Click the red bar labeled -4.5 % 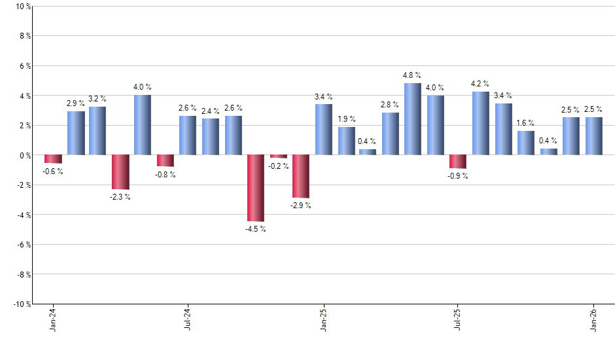(256, 188)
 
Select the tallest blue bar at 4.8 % (413, 119)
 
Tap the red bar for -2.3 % (120, 172)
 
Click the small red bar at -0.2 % (278, 156)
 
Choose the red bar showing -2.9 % (301, 176)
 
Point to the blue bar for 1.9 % (346, 141)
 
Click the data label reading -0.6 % (53, 171)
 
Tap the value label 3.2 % (97, 99)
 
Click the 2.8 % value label (391, 105)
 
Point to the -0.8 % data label (166, 175)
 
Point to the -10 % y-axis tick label (20, 304)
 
